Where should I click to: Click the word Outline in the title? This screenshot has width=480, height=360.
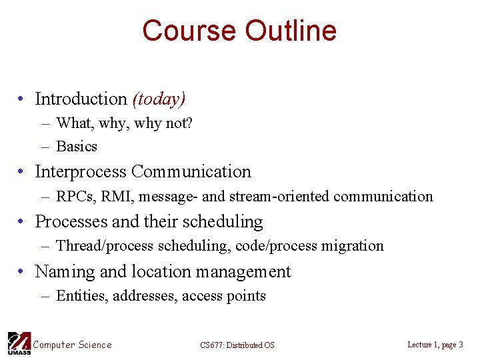[x=291, y=31]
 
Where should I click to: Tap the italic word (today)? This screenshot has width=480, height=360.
[x=159, y=99]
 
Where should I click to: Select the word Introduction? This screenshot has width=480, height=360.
[x=81, y=99]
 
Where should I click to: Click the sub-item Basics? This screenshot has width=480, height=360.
[x=77, y=147]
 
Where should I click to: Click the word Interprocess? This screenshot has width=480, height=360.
[x=81, y=172]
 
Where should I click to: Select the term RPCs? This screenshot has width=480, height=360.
[x=75, y=197]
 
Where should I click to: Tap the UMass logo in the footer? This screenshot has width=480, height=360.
[x=18, y=343]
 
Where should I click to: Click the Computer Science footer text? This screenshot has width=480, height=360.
[x=73, y=345]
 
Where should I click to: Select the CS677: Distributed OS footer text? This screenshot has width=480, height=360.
[x=237, y=345]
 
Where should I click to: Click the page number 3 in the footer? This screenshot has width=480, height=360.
[x=461, y=345]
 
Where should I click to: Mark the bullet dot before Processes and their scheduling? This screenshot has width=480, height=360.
[x=22, y=222]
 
